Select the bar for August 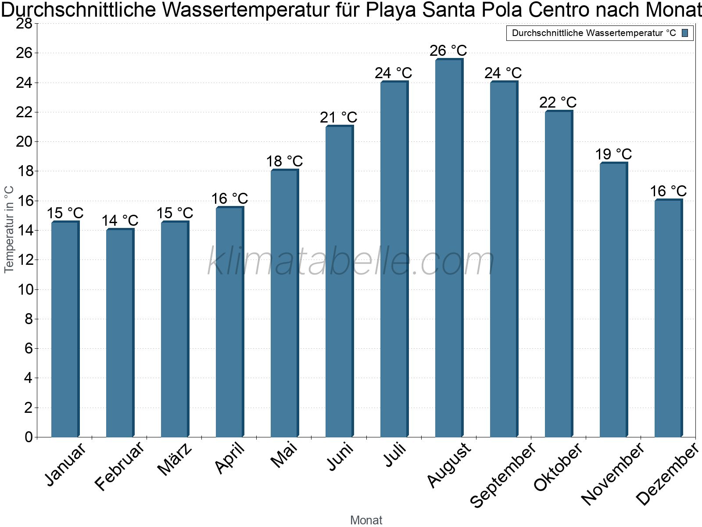coord(449,248)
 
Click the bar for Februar coord(120,333)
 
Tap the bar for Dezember coord(669,318)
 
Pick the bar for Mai coord(285,303)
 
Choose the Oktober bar coord(559,274)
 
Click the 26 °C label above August coord(448,51)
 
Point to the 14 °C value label coord(120,220)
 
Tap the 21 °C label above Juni coord(339,117)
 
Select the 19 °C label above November coord(613,154)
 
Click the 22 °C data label coord(558,102)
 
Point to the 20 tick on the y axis coord(24,141)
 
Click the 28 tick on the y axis coord(24,23)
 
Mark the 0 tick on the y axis coord(29,437)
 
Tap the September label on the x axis coord(503,475)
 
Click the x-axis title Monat coord(366,520)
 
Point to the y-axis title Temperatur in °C coord(9,229)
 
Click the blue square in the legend coord(685,33)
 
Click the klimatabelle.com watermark coord(351,261)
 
